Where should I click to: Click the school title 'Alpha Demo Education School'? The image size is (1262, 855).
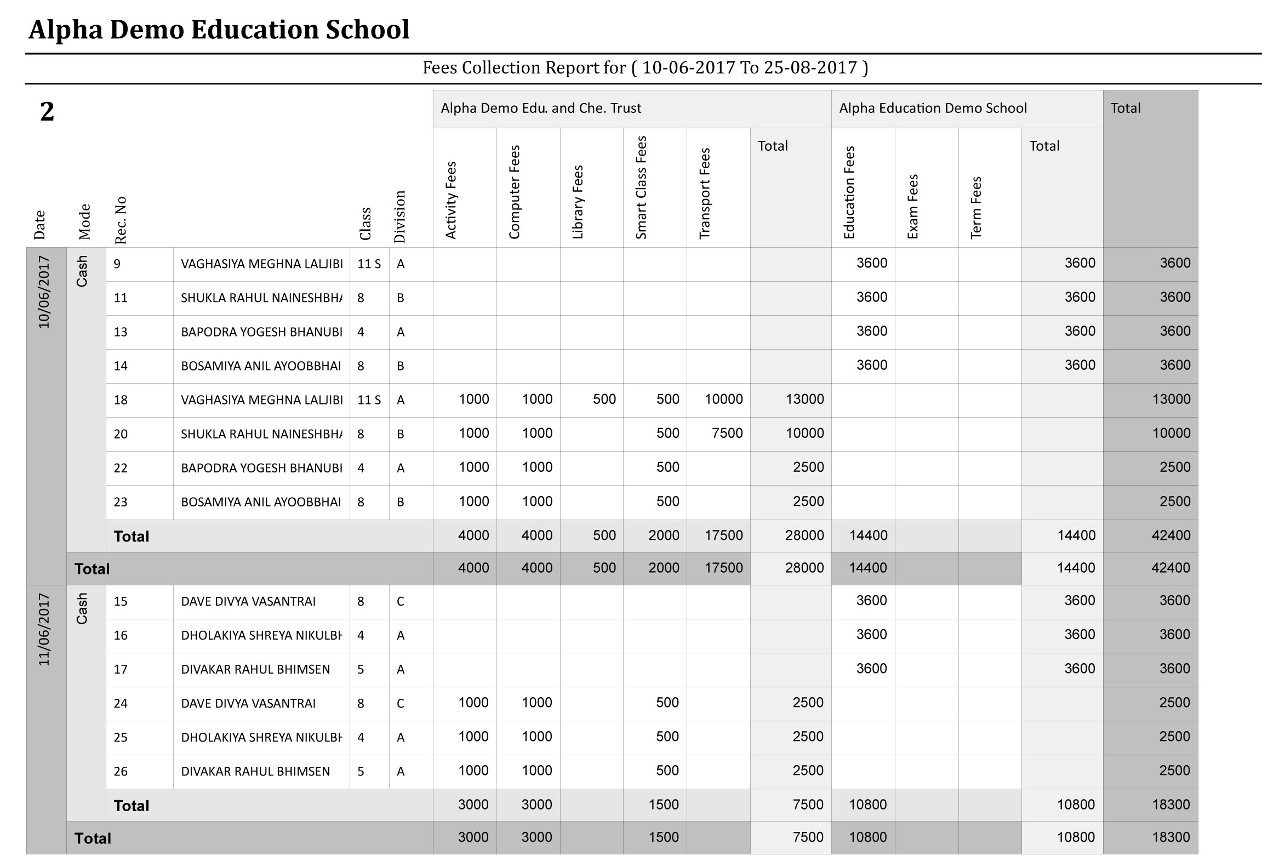pyautogui.click(x=219, y=30)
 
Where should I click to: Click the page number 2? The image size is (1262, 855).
pyautogui.click(x=47, y=112)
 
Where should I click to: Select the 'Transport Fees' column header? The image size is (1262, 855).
pyautogui.click(x=705, y=193)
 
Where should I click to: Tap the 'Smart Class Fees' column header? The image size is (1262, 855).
pyautogui.click(x=641, y=187)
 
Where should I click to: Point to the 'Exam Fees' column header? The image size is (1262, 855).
pyautogui.click(x=912, y=207)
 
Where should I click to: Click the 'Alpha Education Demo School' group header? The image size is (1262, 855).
pyautogui.click(x=933, y=108)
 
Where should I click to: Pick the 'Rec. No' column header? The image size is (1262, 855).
pyautogui.click(x=121, y=220)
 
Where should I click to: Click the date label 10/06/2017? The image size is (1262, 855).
pyautogui.click(x=44, y=292)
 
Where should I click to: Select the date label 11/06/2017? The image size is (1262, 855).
pyautogui.click(x=44, y=630)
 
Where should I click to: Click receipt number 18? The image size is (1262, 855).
pyautogui.click(x=121, y=400)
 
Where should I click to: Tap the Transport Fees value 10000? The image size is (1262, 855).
pyautogui.click(x=723, y=400)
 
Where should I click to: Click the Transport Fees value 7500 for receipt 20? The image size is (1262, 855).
pyautogui.click(x=727, y=434)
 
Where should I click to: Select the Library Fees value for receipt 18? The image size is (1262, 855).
pyautogui.click(x=604, y=400)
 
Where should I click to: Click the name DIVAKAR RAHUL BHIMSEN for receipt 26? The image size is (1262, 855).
pyautogui.click(x=255, y=772)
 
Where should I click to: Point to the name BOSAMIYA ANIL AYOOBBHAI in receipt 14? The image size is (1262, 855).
pyautogui.click(x=261, y=366)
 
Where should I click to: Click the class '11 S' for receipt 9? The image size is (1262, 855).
pyautogui.click(x=369, y=264)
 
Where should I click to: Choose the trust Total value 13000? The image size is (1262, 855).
pyautogui.click(x=804, y=400)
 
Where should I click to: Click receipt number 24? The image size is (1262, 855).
pyautogui.click(x=121, y=704)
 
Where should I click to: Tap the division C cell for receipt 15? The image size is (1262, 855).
pyautogui.click(x=401, y=602)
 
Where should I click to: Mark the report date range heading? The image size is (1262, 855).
pyautogui.click(x=645, y=68)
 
